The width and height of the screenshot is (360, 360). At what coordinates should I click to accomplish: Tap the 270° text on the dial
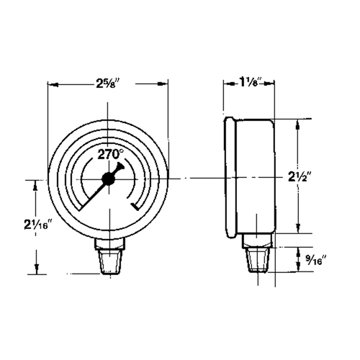click(x=109, y=153)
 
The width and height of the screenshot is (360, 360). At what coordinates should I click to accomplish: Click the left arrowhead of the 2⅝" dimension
click(x=52, y=85)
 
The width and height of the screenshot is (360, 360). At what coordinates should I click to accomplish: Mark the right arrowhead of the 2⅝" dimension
click(x=164, y=85)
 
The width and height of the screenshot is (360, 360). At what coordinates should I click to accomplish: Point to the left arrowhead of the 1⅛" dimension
click(x=228, y=85)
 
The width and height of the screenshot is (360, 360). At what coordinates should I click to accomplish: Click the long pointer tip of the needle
click(x=78, y=209)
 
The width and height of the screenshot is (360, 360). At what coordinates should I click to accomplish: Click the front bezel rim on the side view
click(x=230, y=177)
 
